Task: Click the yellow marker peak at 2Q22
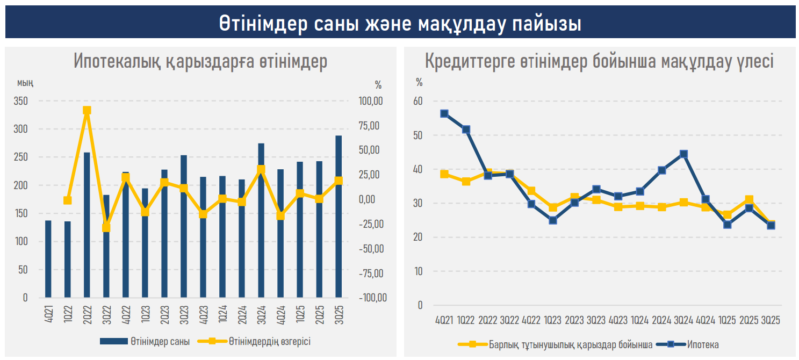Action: click(x=87, y=111)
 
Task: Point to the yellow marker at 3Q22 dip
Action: click(x=106, y=228)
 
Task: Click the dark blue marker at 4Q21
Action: click(x=444, y=113)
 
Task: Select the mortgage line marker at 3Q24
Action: click(x=683, y=154)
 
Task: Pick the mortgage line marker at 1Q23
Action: click(x=553, y=220)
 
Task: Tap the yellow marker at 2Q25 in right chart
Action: click(x=749, y=200)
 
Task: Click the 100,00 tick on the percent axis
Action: click(x=371, y=101)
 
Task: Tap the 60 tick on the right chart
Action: click(x=418, y=102)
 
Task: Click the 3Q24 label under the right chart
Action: click(x=683, y=320)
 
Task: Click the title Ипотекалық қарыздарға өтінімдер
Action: click(x=200, y=62)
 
